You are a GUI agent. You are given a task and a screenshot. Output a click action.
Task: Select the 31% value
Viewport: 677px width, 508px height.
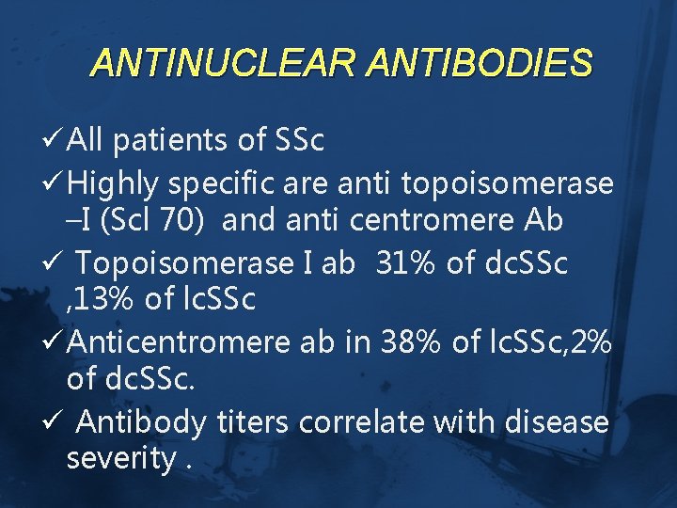coord(405,263)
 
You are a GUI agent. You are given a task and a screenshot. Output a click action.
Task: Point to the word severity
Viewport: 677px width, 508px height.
coord(120,461)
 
